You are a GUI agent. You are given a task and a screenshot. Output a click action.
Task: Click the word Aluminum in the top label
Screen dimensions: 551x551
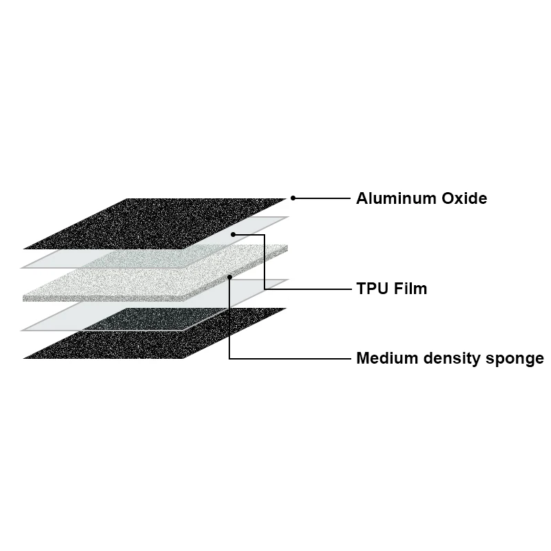(x=395, y=198)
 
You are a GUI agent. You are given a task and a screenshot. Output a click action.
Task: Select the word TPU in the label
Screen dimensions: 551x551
(x=371, y=289)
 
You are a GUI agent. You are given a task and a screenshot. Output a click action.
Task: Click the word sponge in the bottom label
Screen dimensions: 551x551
(x=517, y=360)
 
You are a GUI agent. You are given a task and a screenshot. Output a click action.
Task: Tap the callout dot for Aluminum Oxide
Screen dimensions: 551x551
(x=293, y=198)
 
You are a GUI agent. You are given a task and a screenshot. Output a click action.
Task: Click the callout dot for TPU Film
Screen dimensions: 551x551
(x=234, y=234)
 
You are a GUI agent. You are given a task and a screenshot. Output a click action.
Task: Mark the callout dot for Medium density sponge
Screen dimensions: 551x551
(x=229, y=277)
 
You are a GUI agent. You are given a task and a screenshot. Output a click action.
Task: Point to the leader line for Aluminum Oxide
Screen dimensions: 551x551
(x=324, y=198)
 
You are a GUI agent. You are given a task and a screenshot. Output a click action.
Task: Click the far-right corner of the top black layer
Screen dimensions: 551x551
(x=285, y=199)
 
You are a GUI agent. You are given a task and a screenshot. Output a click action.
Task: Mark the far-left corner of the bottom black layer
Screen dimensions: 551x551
(x=24, y=358)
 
